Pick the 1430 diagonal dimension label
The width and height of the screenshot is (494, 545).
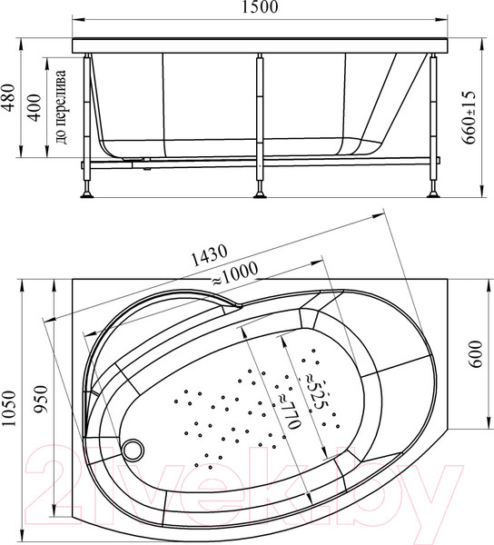(208, 255)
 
